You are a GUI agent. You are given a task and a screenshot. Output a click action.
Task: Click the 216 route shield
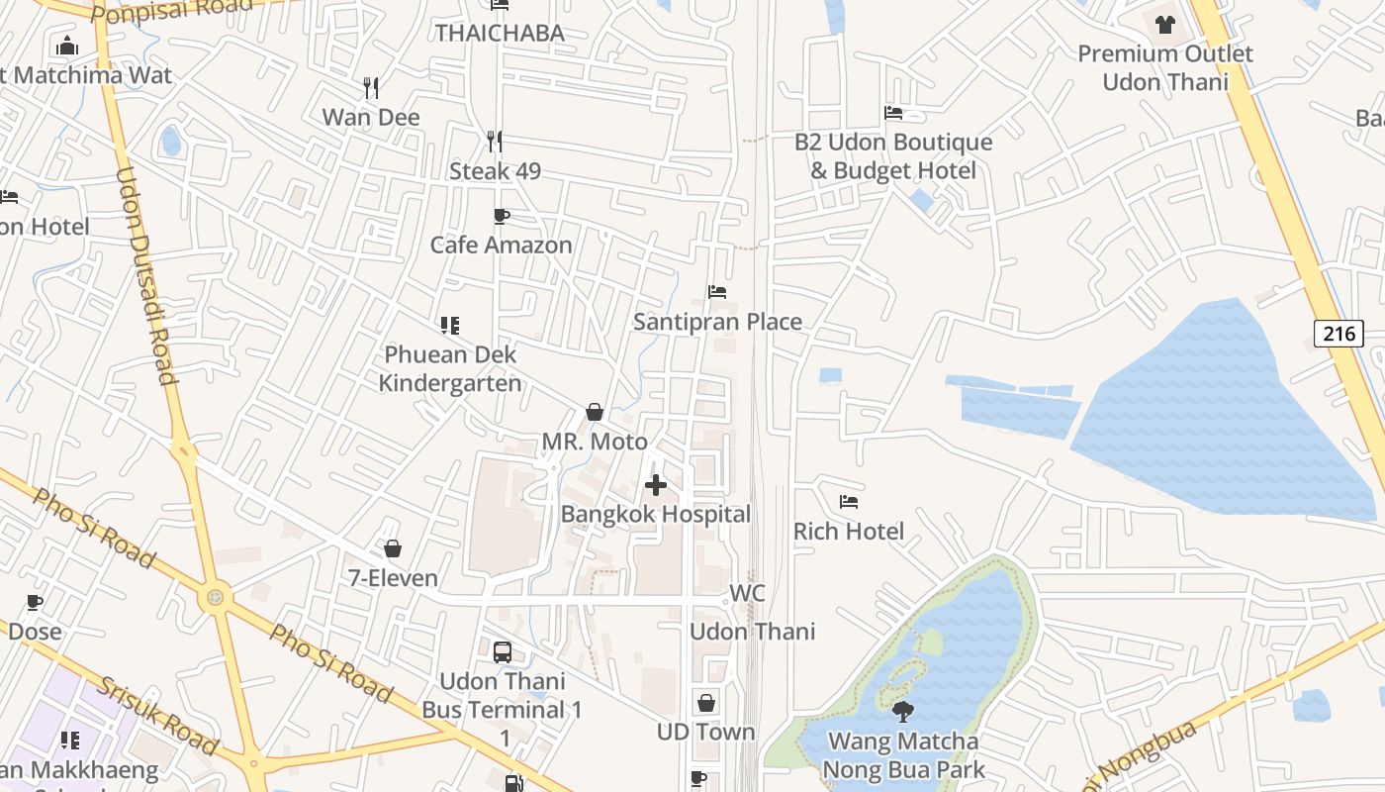click(1339, 334)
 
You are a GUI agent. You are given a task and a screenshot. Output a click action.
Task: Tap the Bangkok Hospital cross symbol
click(655, 485)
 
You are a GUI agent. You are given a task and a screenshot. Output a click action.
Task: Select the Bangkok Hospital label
click(655, 514)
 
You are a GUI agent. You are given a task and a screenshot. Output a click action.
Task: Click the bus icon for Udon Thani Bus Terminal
click(503, 652)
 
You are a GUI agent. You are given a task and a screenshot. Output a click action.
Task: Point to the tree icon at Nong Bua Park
click(902, 711)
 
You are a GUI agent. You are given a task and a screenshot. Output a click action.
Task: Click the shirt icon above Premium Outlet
click(1164, 24)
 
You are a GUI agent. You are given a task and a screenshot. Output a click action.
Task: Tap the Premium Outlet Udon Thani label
click(1165, 67)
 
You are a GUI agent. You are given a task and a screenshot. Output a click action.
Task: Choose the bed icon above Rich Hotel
click(849, 502)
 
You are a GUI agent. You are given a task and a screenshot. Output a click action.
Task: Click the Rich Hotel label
click(849, 532)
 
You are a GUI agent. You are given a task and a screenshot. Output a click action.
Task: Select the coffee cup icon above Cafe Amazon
click(502, 216)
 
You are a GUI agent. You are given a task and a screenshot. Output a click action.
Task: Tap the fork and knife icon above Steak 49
click(495, 142)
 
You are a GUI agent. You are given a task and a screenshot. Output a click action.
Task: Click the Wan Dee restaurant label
click(371, 117)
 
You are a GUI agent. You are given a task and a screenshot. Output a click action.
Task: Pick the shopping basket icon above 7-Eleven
click(393, 548)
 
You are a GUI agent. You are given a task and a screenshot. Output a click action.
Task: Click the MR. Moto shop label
click(595, 442)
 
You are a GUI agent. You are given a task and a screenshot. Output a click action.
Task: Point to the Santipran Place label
click(717, 322)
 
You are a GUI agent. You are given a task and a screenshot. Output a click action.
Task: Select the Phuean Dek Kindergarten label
click(450, 368)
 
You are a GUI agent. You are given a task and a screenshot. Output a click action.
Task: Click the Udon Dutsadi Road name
click(145, 275)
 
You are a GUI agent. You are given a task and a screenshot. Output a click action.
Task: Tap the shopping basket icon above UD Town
click(706, 703)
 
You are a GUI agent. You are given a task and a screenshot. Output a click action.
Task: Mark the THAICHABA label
click(500, 33)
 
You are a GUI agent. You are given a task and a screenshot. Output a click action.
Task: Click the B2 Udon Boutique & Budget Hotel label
click(893, 156)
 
